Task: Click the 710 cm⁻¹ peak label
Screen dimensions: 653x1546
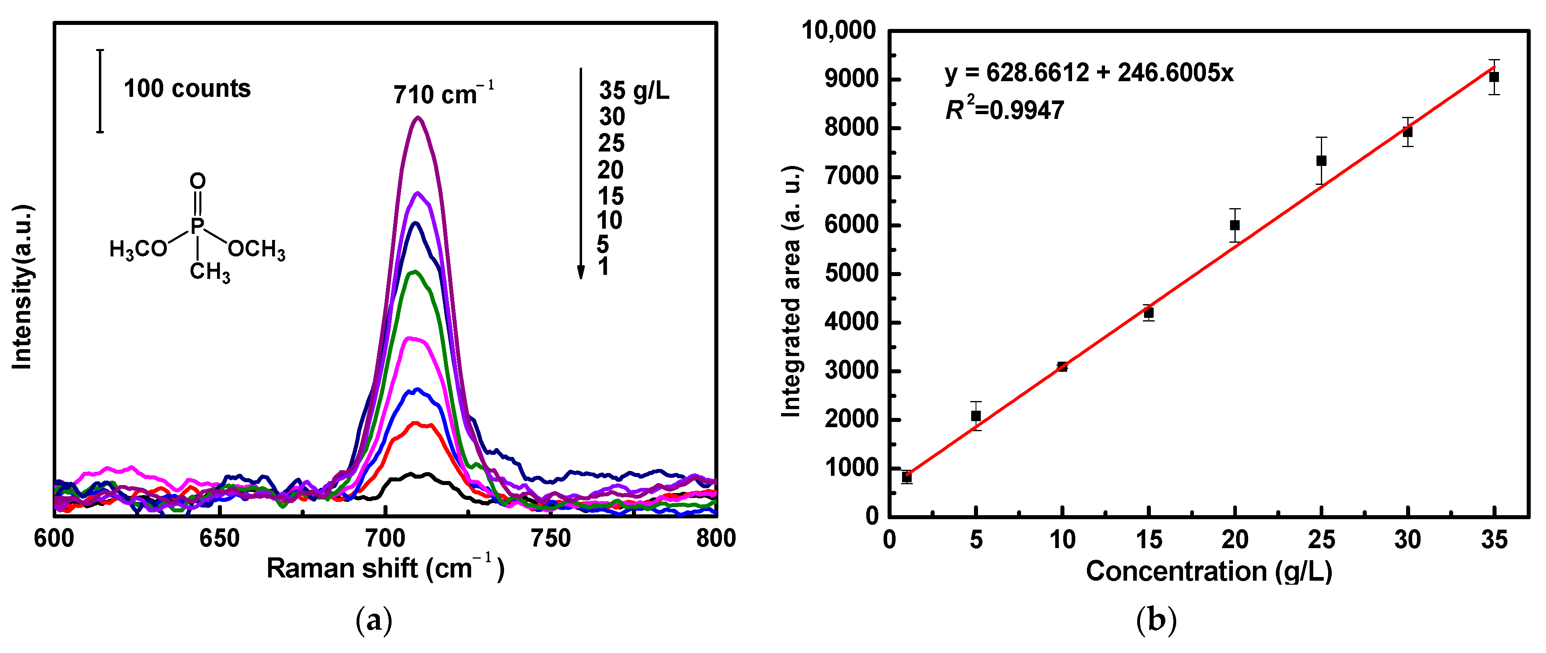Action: tap(443, 94)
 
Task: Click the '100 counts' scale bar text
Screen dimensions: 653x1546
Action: tap(187, 89)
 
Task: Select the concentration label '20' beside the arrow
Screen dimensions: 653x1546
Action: tap(610, 170)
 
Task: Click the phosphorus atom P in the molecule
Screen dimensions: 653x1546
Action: tap(197, 226)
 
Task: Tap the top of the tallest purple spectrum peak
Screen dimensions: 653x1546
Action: tap(418, 118)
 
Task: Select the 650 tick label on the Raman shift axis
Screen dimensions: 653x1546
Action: tap(219, 539)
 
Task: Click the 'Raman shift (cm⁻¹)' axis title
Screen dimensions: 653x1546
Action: tap(385, 568)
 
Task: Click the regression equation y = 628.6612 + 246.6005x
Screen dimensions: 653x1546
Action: tap(1089, 73)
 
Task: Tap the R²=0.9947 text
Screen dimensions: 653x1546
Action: tap(1004, 110)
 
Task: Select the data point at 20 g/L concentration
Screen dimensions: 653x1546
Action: tap(1234, 225)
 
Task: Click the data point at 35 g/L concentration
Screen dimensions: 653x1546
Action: tap(1494, 77)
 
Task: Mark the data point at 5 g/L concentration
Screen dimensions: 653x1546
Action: tap(976, 416)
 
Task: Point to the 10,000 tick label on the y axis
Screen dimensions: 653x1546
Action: tap(839, 30)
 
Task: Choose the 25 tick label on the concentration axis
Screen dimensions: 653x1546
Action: tap(1321, 540)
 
